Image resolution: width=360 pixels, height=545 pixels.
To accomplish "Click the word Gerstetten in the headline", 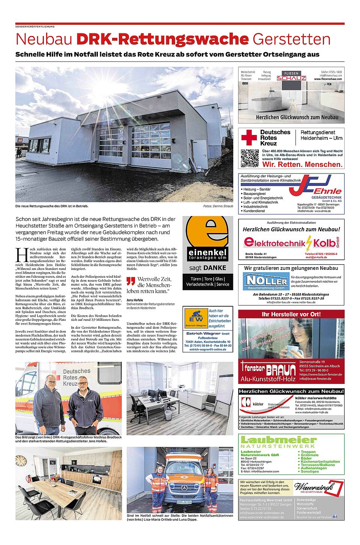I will click(x=291, y=39).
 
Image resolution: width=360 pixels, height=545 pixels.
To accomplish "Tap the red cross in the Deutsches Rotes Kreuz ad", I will click(x=249, y=138).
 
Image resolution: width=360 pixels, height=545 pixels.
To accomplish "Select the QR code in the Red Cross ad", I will click(x=249, y=158).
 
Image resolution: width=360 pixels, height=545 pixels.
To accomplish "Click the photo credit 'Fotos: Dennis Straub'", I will click(x=218, y=206).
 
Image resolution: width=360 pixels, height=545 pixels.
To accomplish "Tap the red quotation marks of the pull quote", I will click(x=130, y=281).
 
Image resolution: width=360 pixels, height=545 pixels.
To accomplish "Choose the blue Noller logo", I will click(x=266, y=281).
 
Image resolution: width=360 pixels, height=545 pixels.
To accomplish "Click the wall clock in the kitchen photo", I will click(x=21, y=461).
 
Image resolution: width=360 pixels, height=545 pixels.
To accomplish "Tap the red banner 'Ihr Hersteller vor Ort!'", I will click(x=291, y=314).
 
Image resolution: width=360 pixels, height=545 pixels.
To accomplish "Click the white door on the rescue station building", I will click(x=199, y=154).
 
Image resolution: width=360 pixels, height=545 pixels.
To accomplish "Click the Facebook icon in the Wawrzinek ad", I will click(x=335, y=516).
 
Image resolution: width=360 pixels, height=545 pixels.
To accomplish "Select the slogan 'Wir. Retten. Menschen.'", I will click(x=302, y=164).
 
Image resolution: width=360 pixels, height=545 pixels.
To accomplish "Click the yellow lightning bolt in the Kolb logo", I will click(x=309, y=243).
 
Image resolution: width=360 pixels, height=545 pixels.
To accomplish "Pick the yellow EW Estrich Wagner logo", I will click(x=196, y=318).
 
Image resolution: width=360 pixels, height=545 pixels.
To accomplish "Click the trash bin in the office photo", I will click(x=168, y=415).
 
